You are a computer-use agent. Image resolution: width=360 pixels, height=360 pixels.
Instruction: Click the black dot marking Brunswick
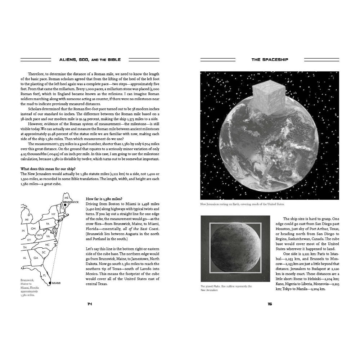tap(65, 205)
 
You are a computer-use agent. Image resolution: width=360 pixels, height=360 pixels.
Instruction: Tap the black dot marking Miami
tap(50, 283)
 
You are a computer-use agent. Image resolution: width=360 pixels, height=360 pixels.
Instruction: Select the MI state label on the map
tap(27, 219)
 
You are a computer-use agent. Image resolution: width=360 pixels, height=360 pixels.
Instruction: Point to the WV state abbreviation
tap(40, 235)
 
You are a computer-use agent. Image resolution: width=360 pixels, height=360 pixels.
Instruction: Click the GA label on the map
tap(36, 258)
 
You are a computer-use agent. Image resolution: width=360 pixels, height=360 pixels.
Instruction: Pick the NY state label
tap(53, 214)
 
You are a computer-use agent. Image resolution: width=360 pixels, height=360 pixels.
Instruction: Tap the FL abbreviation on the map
tap(45, 275)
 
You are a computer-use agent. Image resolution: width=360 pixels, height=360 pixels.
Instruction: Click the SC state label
tap(44, 252)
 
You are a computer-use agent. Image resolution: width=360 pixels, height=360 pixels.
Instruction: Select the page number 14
tap(90, 304)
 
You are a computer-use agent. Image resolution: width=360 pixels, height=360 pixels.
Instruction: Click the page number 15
tap(270, 304)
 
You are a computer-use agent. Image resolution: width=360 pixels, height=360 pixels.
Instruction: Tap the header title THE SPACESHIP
tap(270, 59)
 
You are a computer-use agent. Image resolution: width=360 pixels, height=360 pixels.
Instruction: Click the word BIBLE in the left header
tap(113, 59)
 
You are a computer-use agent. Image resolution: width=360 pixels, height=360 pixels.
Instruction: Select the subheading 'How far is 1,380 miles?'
tap(104, 199)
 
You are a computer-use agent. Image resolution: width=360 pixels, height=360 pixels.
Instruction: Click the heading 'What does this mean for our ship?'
tap(48, 168)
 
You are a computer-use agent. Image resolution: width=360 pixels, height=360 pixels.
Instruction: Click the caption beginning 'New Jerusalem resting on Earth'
tap(242, 204)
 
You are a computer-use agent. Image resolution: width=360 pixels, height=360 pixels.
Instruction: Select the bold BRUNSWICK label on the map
tap(71, 202)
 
